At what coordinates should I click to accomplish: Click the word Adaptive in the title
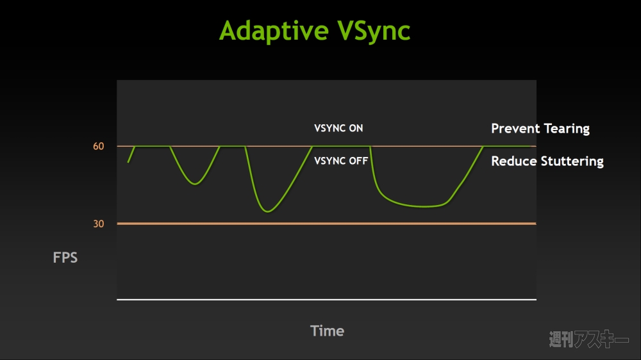coord(274,31)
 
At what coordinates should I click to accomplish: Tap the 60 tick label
coord(99,146)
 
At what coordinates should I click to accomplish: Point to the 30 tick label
coord(99,224)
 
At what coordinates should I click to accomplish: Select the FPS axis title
coord(65,258)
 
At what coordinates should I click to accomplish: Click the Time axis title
coord(327,331)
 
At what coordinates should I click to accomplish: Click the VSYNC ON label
coord(338,128)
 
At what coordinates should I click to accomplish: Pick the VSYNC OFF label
coord(341,161)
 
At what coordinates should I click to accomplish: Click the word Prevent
coord(515,129)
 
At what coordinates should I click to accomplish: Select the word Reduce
coord(514,161)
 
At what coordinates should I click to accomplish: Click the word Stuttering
coord(572,162)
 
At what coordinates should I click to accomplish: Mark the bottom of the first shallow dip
coord(196,184)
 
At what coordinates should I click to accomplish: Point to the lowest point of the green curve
coord(268,211)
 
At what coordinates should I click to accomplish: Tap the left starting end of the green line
coord(128,162)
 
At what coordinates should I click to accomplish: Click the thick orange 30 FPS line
coord(327,224)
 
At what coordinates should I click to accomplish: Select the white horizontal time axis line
coord(327,300)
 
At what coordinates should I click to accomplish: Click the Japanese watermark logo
coord(588,339)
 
